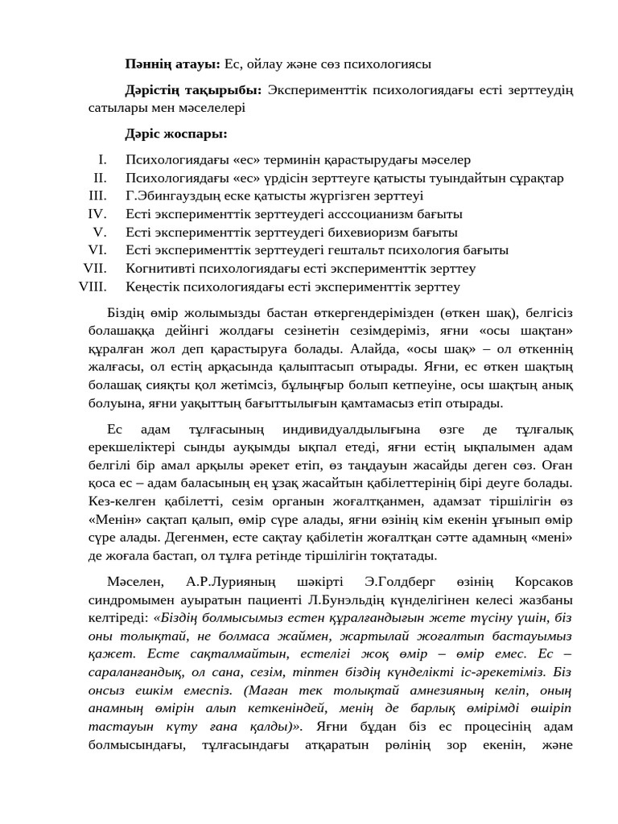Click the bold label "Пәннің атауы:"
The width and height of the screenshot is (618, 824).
[x=172, y=64]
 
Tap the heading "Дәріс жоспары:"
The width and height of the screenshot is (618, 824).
[x=175, y=133]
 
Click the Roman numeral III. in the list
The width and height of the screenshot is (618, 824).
[x=97, y=196]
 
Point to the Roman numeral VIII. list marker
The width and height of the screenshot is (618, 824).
[x=93, y=286]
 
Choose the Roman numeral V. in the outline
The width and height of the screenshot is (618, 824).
[x=100, y=232]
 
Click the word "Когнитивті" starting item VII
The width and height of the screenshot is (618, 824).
[x=158, y=268]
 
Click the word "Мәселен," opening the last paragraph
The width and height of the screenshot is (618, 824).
[x=134, y=581]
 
